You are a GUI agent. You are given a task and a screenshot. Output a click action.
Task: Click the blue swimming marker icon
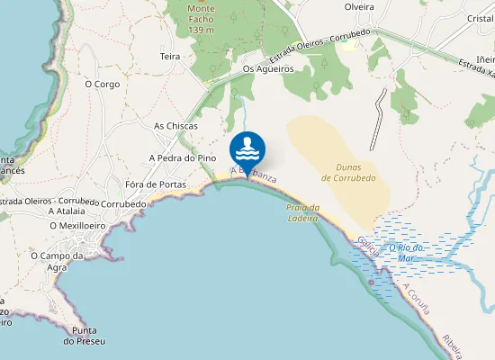click(x=247, y=149)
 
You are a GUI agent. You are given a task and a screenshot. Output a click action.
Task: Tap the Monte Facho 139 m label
click(x=201, y=19)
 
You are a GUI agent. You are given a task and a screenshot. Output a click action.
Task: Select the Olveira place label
click(x=359, y=6)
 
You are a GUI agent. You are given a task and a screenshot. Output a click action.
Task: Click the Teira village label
click(x=170, y=56)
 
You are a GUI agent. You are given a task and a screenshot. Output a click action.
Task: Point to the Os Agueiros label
click(x=268, y=68)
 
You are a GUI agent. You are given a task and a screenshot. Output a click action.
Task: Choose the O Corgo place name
click(x=102, y=84)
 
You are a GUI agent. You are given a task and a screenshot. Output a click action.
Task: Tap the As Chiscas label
click(x=175, y=126)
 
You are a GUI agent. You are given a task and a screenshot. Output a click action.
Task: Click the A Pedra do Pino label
click(x=183, y=157)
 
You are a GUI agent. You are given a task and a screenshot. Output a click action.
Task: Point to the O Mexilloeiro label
click(x=78, y=225)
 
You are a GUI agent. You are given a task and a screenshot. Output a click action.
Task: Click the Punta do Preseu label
click(x=85, y=335)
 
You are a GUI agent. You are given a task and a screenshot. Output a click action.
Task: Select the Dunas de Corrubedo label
click(x=348, y=172)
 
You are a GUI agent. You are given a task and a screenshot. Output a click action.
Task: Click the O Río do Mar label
click(x=410, y=253)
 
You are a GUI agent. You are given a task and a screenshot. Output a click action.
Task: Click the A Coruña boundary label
click(x=417, y=299)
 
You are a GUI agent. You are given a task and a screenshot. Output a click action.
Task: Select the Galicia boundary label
click(x=366, y=245)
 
